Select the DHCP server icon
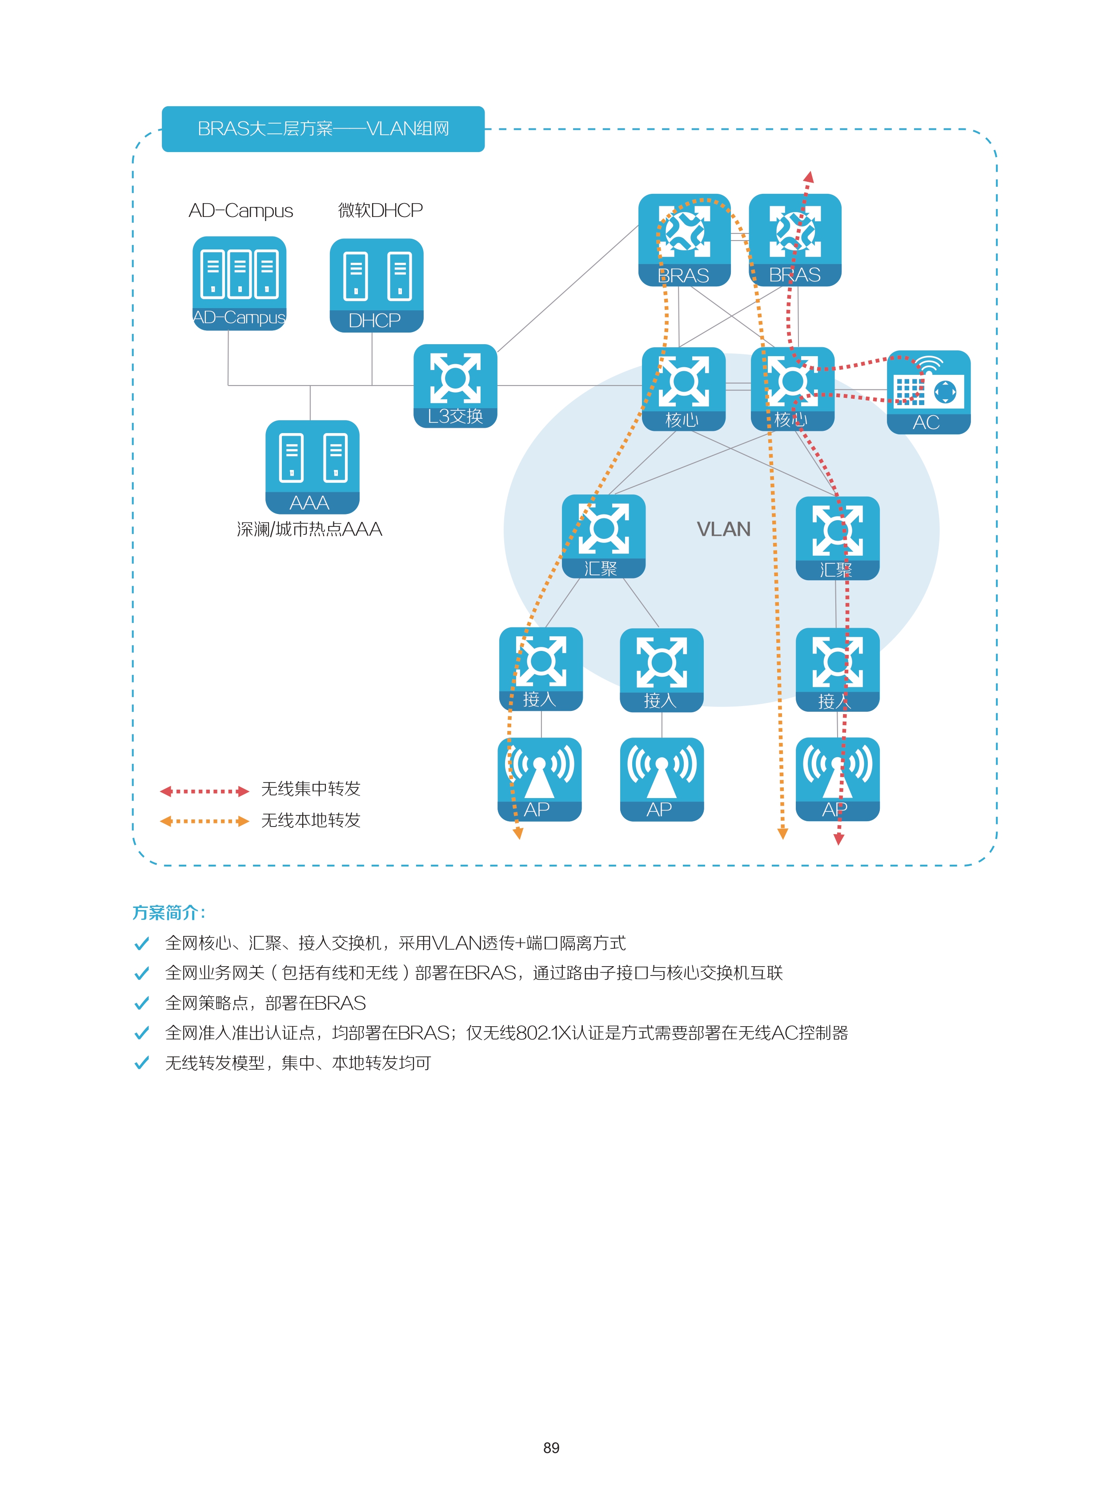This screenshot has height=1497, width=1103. coord(377,285)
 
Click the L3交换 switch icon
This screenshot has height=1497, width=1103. coord(455,386)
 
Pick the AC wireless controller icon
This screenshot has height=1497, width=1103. coord(928,392)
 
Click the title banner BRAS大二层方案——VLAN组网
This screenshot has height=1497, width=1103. coord(323,129)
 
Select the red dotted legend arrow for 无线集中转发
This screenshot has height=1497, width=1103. coord(205,791)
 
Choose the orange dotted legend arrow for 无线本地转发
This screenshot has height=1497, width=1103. coord(205,821)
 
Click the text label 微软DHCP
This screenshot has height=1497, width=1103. coord(380,210)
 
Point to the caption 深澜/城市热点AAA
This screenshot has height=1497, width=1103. coord(309,530)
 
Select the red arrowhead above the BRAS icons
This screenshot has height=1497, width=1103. coord(809,177)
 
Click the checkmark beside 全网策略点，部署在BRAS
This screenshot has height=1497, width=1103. coord(141,1003)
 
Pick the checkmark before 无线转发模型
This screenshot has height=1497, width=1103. coord(141,1063)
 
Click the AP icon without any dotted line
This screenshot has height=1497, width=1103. coord(662,779)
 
